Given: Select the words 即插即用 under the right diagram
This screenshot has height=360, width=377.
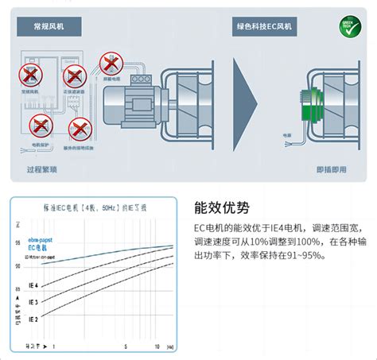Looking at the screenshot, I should pos(332,169).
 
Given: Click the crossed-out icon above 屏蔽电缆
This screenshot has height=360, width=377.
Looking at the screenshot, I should pos(108,62).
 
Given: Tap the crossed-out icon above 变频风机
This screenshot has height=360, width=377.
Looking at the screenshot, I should pos(31,76).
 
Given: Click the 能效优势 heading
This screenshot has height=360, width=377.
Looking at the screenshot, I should pos(222,209).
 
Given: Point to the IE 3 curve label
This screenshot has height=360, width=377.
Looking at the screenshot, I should pos(34,302).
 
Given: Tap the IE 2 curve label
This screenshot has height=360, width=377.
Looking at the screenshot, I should pos(34,319).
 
